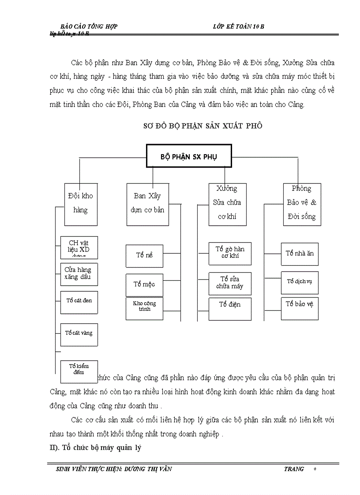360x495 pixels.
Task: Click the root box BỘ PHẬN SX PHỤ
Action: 189,156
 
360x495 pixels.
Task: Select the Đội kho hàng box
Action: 81,204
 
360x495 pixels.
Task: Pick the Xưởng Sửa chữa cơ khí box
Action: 227,204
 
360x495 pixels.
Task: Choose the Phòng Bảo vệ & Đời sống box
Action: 302,204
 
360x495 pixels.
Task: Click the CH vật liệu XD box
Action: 79,247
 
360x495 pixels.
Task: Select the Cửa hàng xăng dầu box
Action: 79,274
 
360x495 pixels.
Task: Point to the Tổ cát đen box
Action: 79,302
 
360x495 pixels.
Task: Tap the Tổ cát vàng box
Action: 79,334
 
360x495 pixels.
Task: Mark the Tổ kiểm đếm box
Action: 79,370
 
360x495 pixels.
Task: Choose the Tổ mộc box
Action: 144,285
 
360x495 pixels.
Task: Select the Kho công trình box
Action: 144,308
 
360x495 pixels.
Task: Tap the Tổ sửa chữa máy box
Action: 230,283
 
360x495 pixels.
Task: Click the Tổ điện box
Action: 230,309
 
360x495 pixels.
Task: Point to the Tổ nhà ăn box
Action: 300,254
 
